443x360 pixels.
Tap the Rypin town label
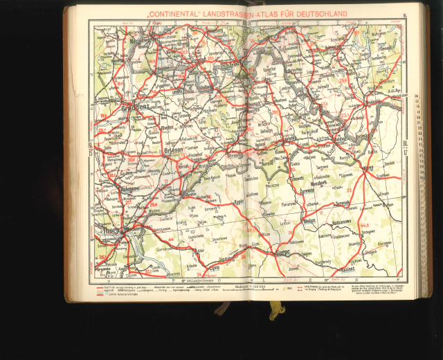[x=239, y=202]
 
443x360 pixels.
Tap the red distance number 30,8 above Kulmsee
[x=131, y=161]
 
